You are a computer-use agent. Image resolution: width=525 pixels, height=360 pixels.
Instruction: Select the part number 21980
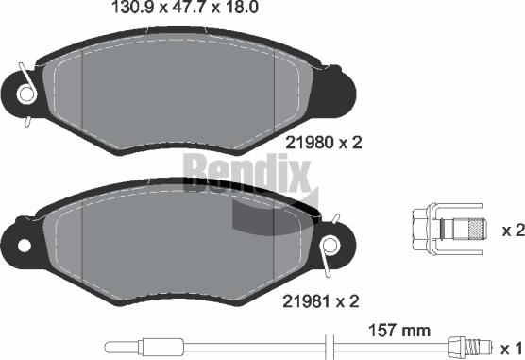coord(307,143)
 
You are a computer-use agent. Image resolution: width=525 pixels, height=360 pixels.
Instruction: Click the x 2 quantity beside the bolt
coord(511,230)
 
